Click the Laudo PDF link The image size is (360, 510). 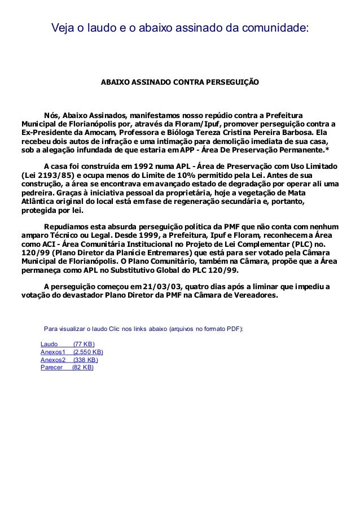click(50, 344)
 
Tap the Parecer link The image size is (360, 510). click(52, 367)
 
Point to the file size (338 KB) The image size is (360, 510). click(86, 360)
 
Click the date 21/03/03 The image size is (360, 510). click(161, 286)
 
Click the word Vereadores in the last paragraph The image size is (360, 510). click(257, 295)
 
